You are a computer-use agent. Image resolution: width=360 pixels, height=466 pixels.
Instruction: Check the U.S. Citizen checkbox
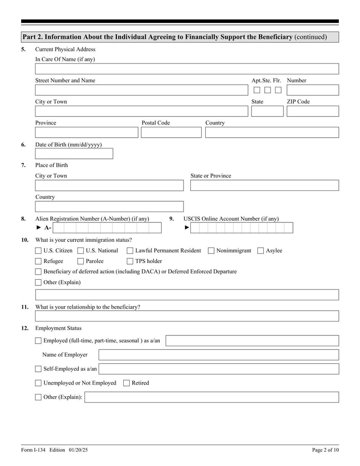38,251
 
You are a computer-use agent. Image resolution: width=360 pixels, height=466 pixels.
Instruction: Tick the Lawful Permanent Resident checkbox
130,251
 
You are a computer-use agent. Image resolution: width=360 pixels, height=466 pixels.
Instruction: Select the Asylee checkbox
261,251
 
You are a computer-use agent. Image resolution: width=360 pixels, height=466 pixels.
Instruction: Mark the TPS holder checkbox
130,261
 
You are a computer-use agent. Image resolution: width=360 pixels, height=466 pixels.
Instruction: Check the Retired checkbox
126,383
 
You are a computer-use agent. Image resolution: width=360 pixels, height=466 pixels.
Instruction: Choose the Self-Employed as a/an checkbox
38,369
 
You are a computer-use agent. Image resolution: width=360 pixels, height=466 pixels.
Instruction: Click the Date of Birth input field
74,154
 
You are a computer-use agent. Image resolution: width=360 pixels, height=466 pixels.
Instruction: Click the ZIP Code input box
312,111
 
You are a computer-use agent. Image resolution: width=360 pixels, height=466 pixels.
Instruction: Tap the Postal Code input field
171,132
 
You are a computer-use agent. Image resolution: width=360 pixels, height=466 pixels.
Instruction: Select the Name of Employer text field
219,355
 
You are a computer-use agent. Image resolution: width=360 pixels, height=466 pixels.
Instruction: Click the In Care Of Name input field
187,69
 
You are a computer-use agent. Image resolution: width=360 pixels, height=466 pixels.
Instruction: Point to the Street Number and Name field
141,90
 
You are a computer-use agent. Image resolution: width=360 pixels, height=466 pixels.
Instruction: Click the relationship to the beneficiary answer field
187,316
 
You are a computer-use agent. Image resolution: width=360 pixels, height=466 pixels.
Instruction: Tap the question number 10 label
25,240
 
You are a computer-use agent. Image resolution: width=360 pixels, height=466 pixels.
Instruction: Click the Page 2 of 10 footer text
325,450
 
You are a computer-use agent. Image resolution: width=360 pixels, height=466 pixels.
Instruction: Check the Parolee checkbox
81,261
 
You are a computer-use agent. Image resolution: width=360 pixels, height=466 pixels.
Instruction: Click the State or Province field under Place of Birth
265,185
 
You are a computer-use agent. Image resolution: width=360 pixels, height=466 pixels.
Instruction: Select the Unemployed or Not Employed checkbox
38,383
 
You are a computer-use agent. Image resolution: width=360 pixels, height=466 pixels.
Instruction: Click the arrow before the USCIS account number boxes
187,228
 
